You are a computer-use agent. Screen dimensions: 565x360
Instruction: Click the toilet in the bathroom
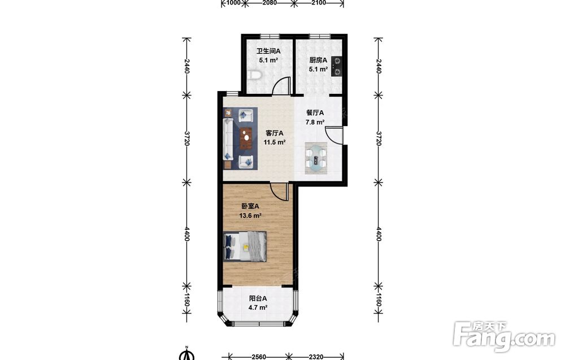255,75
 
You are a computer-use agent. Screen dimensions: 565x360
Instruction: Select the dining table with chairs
316,158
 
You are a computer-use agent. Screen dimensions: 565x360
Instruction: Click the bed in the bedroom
245,246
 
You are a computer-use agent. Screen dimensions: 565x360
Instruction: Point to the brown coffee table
246,138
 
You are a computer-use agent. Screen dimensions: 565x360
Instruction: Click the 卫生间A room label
268,51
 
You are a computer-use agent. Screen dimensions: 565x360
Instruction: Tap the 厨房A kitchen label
318,60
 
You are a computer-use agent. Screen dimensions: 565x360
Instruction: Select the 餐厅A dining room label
315,113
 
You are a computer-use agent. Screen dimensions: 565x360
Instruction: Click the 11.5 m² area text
275,142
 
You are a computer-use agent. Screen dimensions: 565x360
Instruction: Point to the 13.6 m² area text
250,216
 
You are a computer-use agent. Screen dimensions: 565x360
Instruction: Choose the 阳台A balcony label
258,298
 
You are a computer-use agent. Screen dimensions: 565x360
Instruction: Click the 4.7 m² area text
258,308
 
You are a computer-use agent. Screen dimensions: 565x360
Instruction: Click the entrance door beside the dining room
334,135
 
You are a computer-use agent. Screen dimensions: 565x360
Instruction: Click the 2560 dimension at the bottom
259,357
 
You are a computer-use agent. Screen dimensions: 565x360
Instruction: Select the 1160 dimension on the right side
379,300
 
